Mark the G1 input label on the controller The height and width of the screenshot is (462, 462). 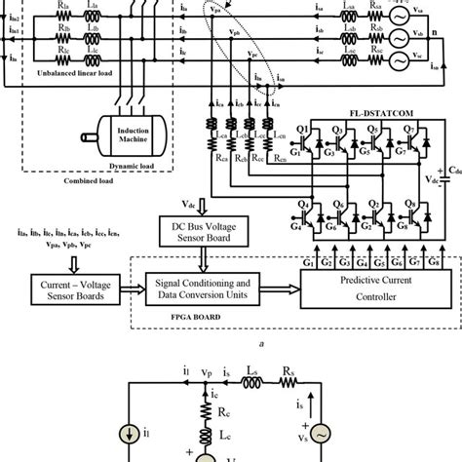click(310, 263)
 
